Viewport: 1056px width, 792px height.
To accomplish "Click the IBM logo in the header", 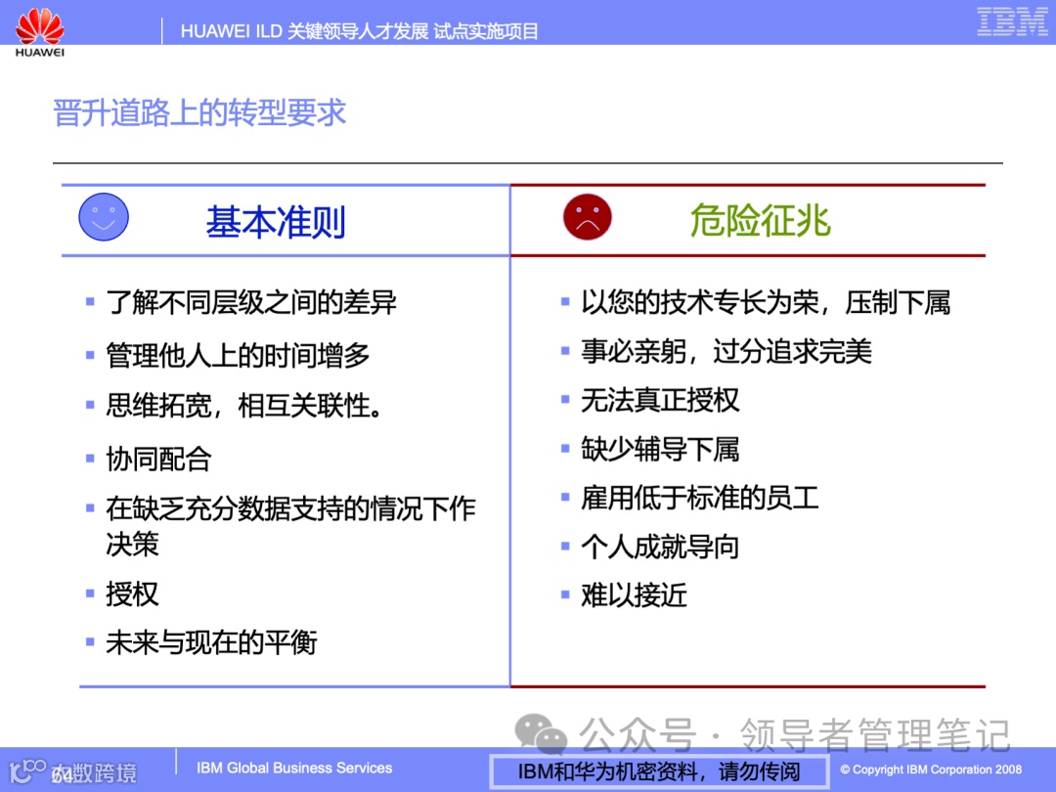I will pos(1012,22).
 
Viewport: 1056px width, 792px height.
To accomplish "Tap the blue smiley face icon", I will pos(104,217).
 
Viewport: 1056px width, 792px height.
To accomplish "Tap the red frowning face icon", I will pos(587,217).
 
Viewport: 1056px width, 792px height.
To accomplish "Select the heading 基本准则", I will pos(276,223).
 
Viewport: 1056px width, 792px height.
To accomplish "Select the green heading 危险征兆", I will pos(760,222).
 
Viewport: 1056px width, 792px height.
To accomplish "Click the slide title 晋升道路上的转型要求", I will pos(199,112).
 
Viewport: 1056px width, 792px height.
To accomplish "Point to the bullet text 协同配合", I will pos(158,459).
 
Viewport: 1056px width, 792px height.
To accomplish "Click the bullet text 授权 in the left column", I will pos(132,594).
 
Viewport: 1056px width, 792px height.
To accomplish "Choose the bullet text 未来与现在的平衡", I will pos(211,642).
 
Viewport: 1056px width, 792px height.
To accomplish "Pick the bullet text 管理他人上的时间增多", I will pos(238,355).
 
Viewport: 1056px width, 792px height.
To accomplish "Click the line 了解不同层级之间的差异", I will pos(251,302).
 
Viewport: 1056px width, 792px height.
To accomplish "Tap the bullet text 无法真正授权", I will pos(660,400).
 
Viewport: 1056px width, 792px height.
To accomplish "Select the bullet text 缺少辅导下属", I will pos(660,449).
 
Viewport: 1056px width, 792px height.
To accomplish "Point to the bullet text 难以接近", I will pos(634,594).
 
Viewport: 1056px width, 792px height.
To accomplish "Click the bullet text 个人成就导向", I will pos(660,547).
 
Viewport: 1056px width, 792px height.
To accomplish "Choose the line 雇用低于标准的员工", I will pos(699,498).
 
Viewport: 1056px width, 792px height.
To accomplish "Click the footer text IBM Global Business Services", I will pos(294,769).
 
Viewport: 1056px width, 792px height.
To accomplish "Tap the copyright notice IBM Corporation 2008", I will pos(931,770).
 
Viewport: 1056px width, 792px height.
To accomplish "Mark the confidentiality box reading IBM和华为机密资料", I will pos(659,771).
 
